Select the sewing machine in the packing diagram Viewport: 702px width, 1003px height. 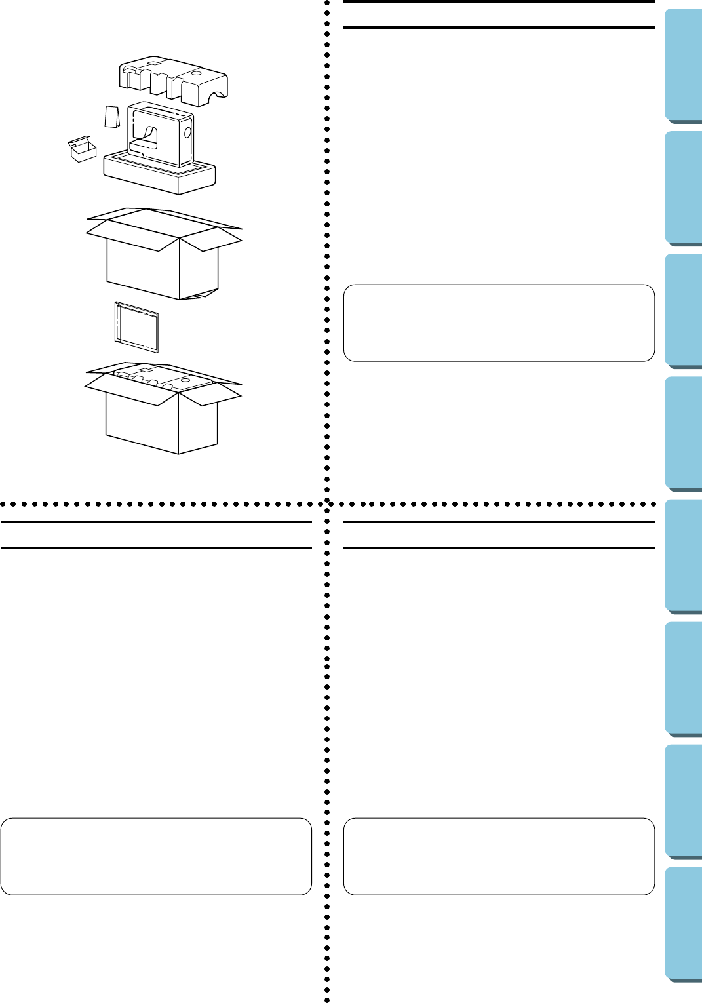[x=161, y=134]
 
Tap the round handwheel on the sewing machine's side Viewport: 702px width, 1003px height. [x=187, y=132]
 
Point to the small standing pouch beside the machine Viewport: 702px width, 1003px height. [x=112, y=117]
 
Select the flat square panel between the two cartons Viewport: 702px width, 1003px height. [x=136, y=326]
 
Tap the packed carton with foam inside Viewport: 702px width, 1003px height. [x=162, y=413]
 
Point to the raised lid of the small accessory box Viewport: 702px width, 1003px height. [x=79, y=140]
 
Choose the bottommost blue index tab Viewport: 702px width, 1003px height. [x=684, y=924]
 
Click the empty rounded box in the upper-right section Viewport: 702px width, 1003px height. [x=499, y=323]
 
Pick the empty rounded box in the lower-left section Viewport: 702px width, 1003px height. [x=156, y=856]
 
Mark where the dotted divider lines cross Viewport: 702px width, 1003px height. [x=327, y=504]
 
